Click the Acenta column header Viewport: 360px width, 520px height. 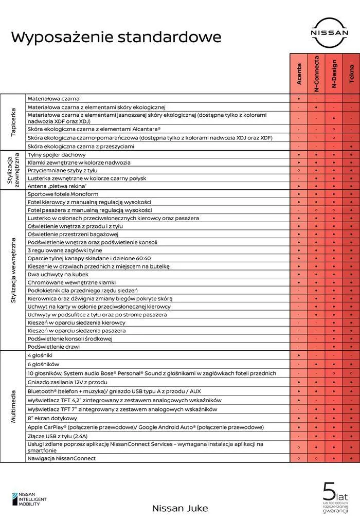[x=299, y=74]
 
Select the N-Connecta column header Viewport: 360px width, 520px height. [x=316, y=74]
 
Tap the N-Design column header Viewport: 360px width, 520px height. [x=334, y=74]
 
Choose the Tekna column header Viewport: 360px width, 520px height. [x=351, y=74]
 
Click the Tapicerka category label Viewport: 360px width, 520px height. [x=13, y=122]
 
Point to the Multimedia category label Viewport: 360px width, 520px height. [x=13, y=406]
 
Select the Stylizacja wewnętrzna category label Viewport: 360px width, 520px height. [x=13, y=271]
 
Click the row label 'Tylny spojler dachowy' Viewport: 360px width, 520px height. [x=56, y=154]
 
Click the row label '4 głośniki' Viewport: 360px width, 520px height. [x=40, y=355]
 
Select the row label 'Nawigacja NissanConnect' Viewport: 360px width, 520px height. [x=61, y=458]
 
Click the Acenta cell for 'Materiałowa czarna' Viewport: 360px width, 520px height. [x=299, y=98]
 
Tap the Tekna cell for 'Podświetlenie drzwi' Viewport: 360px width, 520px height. [x=351, y=347]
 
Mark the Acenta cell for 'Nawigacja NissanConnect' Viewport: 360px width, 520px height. [x=299, y=458]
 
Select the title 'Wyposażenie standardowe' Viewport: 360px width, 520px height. [x=116, y=37]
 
